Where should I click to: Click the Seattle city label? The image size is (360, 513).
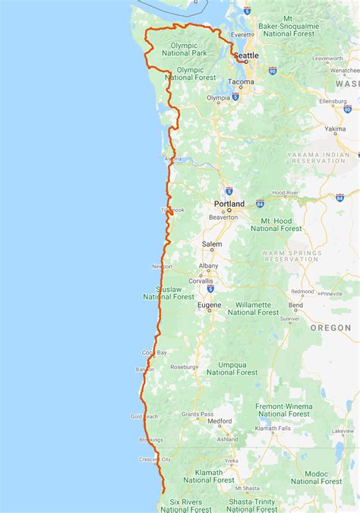[x=245, y=56]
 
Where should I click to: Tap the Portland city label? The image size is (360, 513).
[x=229, y=204]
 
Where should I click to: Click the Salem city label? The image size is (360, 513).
[x=212, y=245]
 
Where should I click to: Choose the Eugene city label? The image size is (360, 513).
[x=209, y=306]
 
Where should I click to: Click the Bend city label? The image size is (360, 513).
[x=295, y=306]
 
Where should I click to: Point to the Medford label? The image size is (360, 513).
[x=220, y=420]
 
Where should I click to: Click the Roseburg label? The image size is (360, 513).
[x=184, y=366]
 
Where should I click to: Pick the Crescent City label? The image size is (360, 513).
[x=156, y=460]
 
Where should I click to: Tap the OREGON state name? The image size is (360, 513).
[x=330, y=328]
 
